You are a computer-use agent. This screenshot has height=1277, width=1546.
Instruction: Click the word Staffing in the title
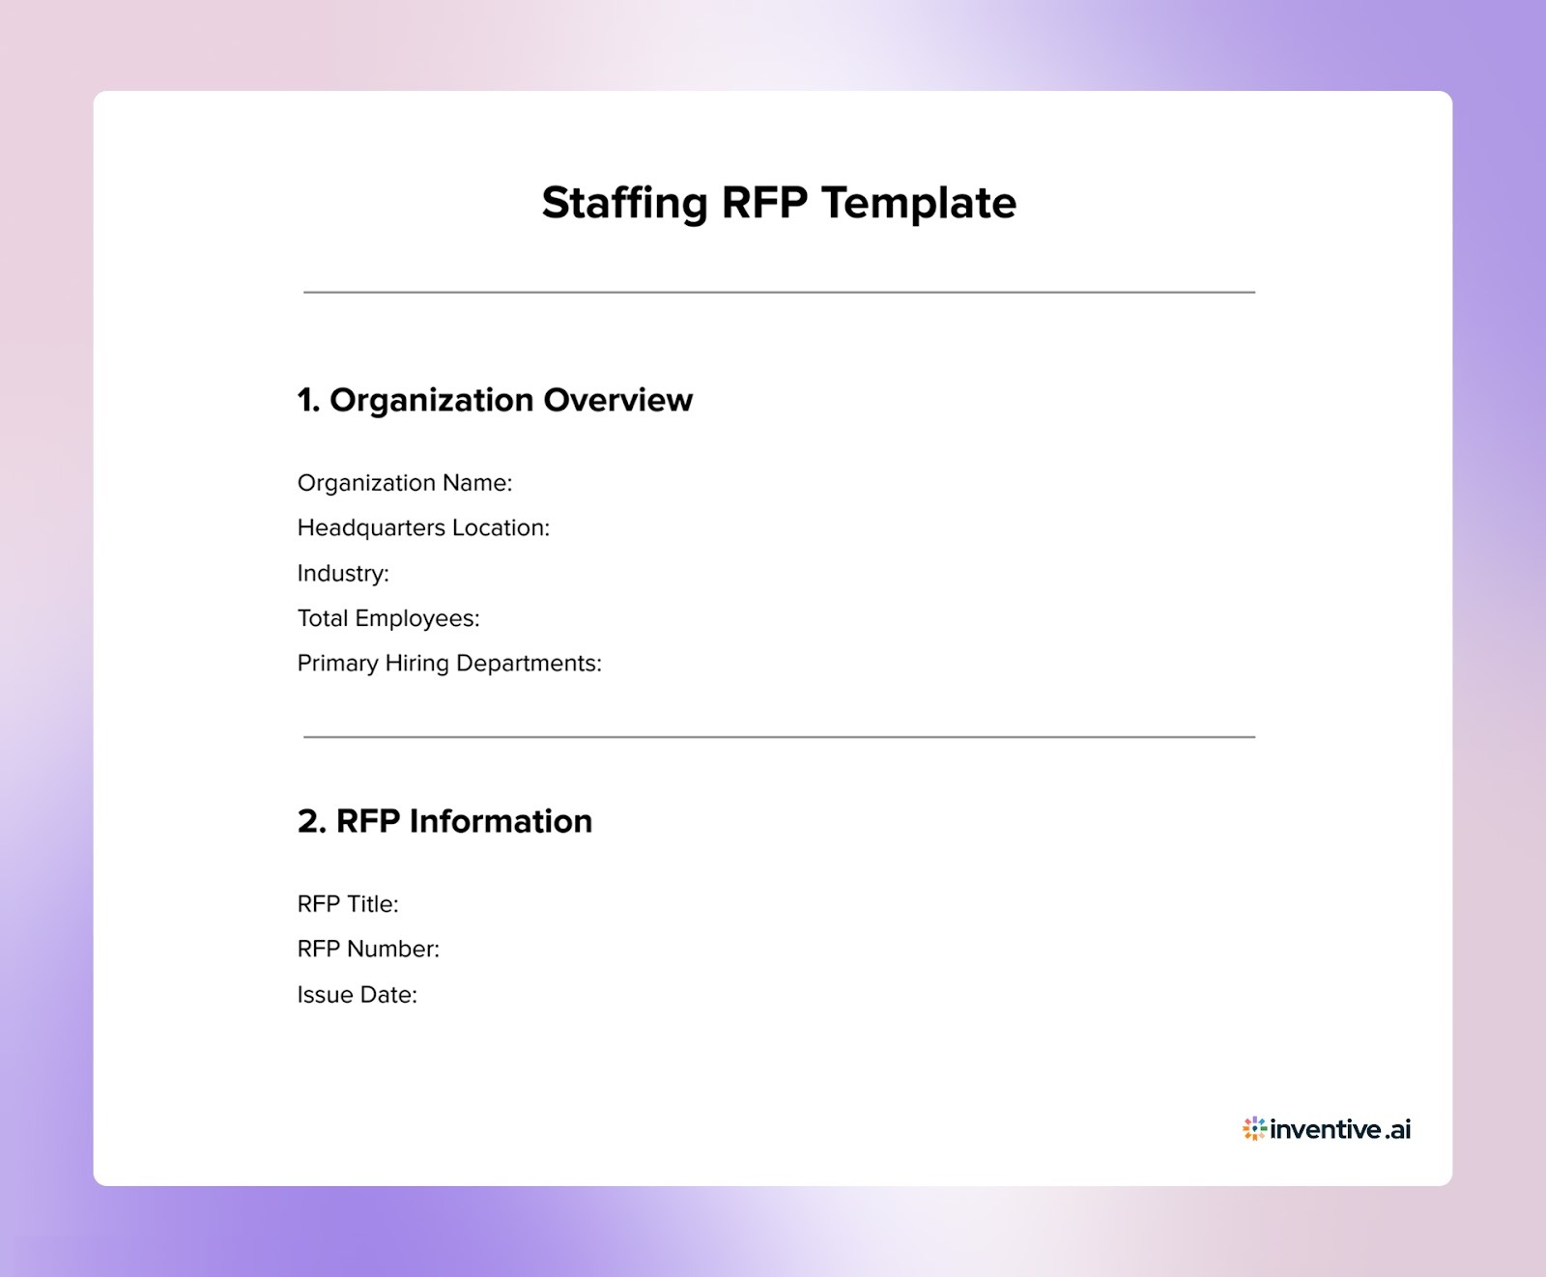624,204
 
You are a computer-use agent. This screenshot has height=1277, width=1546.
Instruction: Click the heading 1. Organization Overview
494,400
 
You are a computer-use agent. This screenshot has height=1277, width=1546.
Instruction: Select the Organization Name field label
404,483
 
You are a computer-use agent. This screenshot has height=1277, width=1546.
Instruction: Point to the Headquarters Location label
422,528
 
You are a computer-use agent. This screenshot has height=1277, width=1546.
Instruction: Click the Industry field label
342,574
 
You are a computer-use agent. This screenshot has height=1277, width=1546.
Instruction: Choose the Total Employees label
387,618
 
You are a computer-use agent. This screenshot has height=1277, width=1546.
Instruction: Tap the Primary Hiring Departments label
448,664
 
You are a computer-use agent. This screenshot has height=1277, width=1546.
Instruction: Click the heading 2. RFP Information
444,821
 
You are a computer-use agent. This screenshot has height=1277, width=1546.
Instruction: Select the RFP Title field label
347,904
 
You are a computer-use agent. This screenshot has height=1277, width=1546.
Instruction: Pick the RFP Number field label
367,950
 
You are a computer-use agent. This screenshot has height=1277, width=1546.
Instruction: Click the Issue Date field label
357,995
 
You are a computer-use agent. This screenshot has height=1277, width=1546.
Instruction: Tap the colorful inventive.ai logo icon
1254,1128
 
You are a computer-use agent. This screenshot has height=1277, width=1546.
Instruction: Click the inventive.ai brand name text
1340,1129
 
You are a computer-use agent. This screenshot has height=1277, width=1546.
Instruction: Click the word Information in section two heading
501,821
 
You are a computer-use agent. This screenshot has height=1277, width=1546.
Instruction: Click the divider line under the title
779,292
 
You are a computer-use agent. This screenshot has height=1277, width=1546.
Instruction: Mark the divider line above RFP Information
779,737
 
